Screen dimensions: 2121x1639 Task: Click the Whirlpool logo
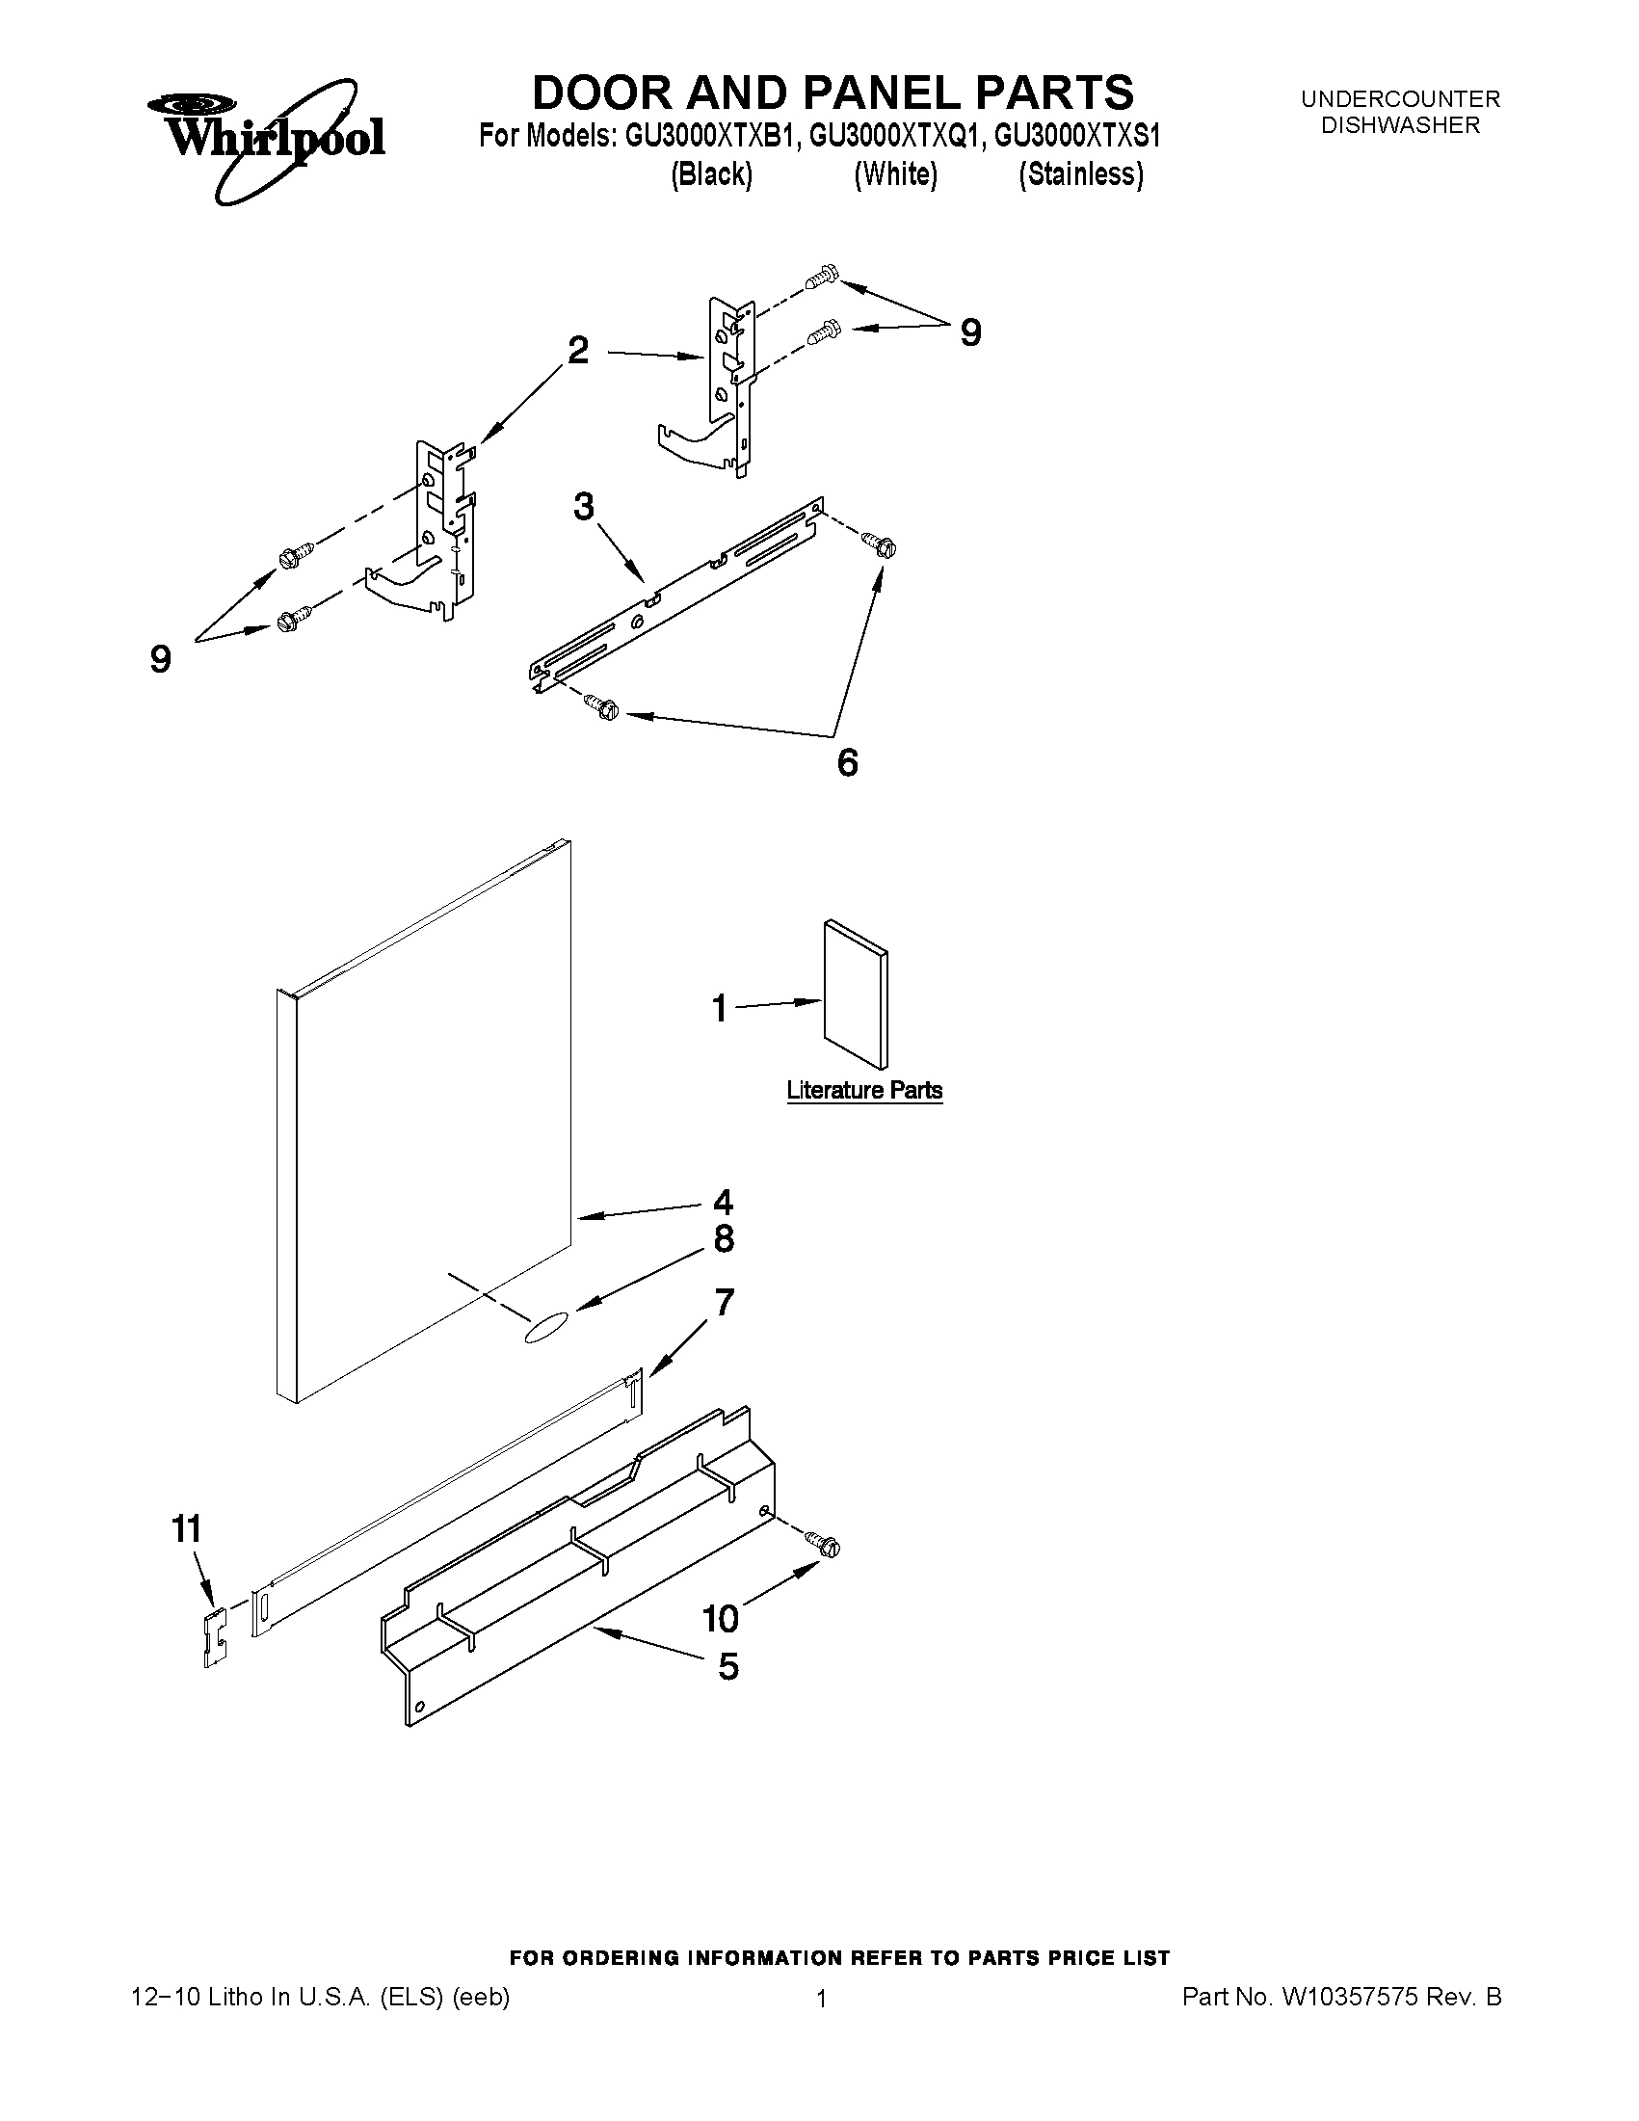(x=267, y=138)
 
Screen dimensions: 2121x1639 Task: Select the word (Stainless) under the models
(x=1081, y=174)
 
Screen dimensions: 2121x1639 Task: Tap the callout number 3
(x=583, y=506)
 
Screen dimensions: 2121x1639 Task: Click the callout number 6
(x=848, y=763)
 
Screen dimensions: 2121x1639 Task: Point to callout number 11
(x=186, y=1529)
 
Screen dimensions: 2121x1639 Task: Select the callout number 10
(x=721, y=1619)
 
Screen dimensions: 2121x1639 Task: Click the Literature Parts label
(x=864, y=1091)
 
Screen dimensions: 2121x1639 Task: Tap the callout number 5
(x=728, y=1667)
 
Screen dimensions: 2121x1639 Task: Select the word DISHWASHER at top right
(x=1400, y=125)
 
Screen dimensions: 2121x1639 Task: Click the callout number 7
(x=725, y=1302)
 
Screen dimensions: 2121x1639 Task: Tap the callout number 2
(x=578, y=351)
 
